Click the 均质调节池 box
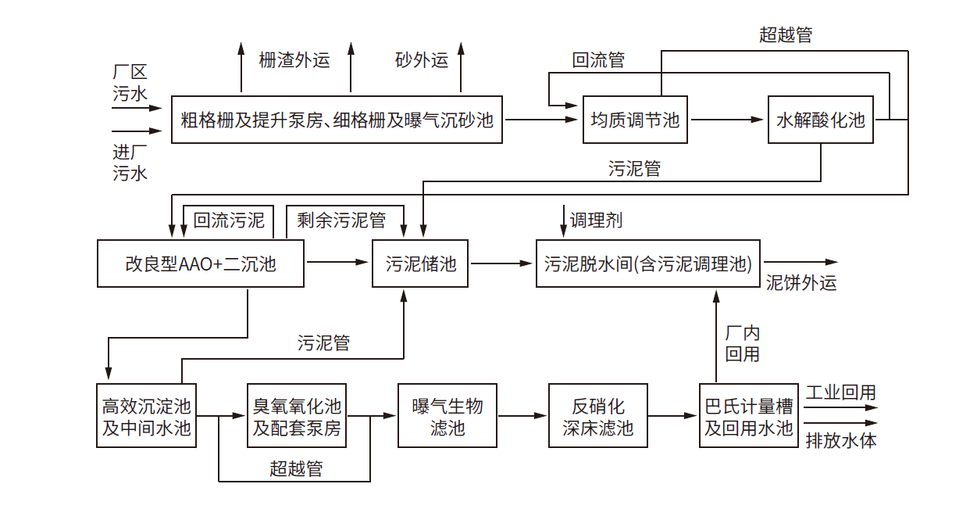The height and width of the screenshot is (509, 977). [x=635, y=120]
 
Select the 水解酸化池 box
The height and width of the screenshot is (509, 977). [x=821, y=120]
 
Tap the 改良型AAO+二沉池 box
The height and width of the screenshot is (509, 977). [x=201, y=263]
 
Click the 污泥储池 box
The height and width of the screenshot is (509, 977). [x=421, y=263]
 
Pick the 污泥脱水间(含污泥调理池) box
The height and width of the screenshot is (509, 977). [x=648, y=263]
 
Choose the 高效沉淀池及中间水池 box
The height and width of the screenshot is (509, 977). [x=146, y=416]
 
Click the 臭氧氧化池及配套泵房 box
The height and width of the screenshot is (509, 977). [x=297, y=416]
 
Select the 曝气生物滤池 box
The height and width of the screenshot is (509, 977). [x=447, y=416]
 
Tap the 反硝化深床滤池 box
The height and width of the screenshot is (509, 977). [x=598, y=416]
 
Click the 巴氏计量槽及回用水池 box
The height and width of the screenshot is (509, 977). [x=749, y=416]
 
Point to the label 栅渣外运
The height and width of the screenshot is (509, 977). [x=294, y=60]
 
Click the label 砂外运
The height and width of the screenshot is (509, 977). [x=422, y=60]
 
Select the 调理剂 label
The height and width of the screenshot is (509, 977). [x=596, y=220]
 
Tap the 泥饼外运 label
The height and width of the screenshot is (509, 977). [x=801, y=283]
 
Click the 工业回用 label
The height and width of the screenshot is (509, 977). [x=840, y=393]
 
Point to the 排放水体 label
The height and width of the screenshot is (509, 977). [x=840, y=440]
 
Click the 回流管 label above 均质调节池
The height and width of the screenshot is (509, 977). [x=598, y=60]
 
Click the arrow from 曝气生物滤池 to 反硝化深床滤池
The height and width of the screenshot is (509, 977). [x=522, y=416]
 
